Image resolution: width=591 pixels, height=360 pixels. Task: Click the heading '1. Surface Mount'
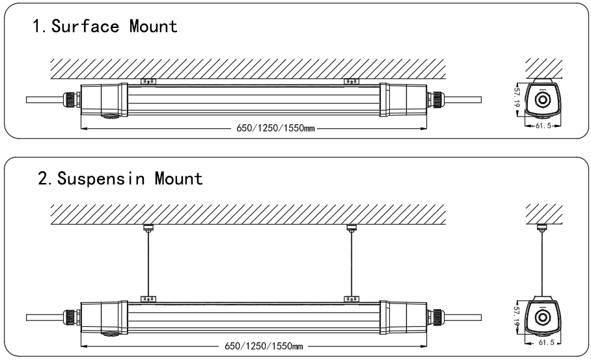pyautogui.click(x=103, y=27)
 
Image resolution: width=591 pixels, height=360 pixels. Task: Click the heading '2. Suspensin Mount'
pyautogui.click(x=120, y=178)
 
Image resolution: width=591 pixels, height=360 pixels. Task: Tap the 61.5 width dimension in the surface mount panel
pyautogui.click(x=542, y=125)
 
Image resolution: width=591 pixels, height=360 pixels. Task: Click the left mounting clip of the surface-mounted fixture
pyautogui.click(x=148, y=81)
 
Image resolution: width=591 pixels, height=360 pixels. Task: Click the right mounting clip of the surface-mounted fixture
pyautogui.click(x=351, y=81)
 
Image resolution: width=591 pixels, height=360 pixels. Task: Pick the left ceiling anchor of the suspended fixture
pyautogui.click(x=148, y=227)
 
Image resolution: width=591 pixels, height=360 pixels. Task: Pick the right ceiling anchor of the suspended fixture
pyautogui.click(x=351, y=227)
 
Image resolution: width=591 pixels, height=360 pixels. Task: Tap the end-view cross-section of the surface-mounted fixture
pyautogui.click(x=542, y=99)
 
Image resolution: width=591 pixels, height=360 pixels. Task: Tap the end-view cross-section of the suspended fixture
pyautogui.click(x=542, y=316)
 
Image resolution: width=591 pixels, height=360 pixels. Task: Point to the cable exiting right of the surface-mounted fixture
pyautogui.click(x=462, y=99)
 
